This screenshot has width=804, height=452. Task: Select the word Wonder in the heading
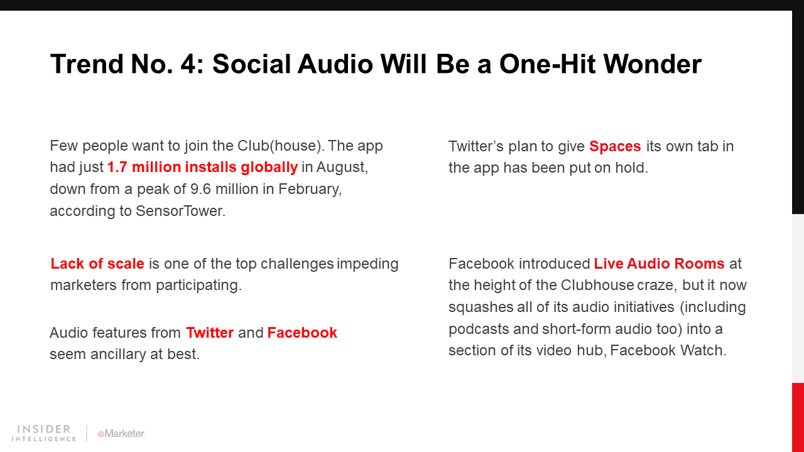[652, 64]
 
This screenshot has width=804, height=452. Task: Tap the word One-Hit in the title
[547, 64]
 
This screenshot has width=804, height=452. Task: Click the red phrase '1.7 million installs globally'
[202, 168]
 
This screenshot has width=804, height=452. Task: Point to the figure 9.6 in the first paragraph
[200, 189]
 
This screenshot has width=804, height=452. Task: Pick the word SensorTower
[180, 211]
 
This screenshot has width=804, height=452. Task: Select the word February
[310, 190]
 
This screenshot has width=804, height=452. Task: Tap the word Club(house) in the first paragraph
[281, 146]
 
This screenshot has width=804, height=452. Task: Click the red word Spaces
[615, 147]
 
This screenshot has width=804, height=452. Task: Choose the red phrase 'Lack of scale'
[97, 264]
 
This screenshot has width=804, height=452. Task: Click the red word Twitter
[210, 333]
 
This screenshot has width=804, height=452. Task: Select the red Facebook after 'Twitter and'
[302, 333]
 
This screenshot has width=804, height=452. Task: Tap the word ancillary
[118, 355]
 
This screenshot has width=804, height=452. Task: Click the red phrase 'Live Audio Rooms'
[659, 264]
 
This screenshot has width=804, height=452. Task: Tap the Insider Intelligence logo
[44, 433]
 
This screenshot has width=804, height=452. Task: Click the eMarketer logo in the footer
[121, 434]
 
